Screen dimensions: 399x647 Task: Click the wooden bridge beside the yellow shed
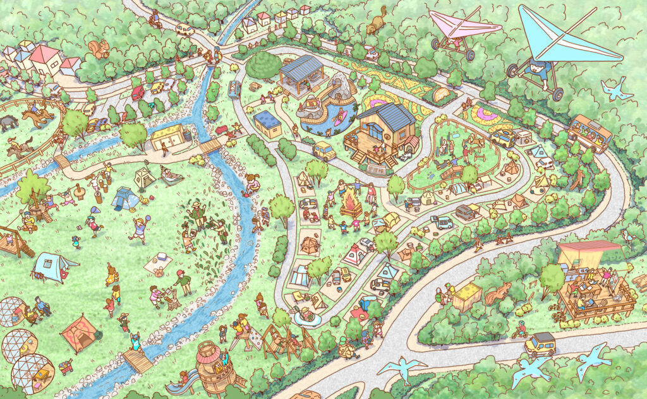[x=211, y=146]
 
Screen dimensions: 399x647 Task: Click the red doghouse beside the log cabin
[x=411, y=144]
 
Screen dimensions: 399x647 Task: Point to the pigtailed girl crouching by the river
[x=253, y=182]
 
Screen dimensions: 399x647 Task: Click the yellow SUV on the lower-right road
[x=540, y=344]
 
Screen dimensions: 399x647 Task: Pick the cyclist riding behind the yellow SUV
[x=521, y=329]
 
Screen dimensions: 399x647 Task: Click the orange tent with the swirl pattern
[x=79, y=335]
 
